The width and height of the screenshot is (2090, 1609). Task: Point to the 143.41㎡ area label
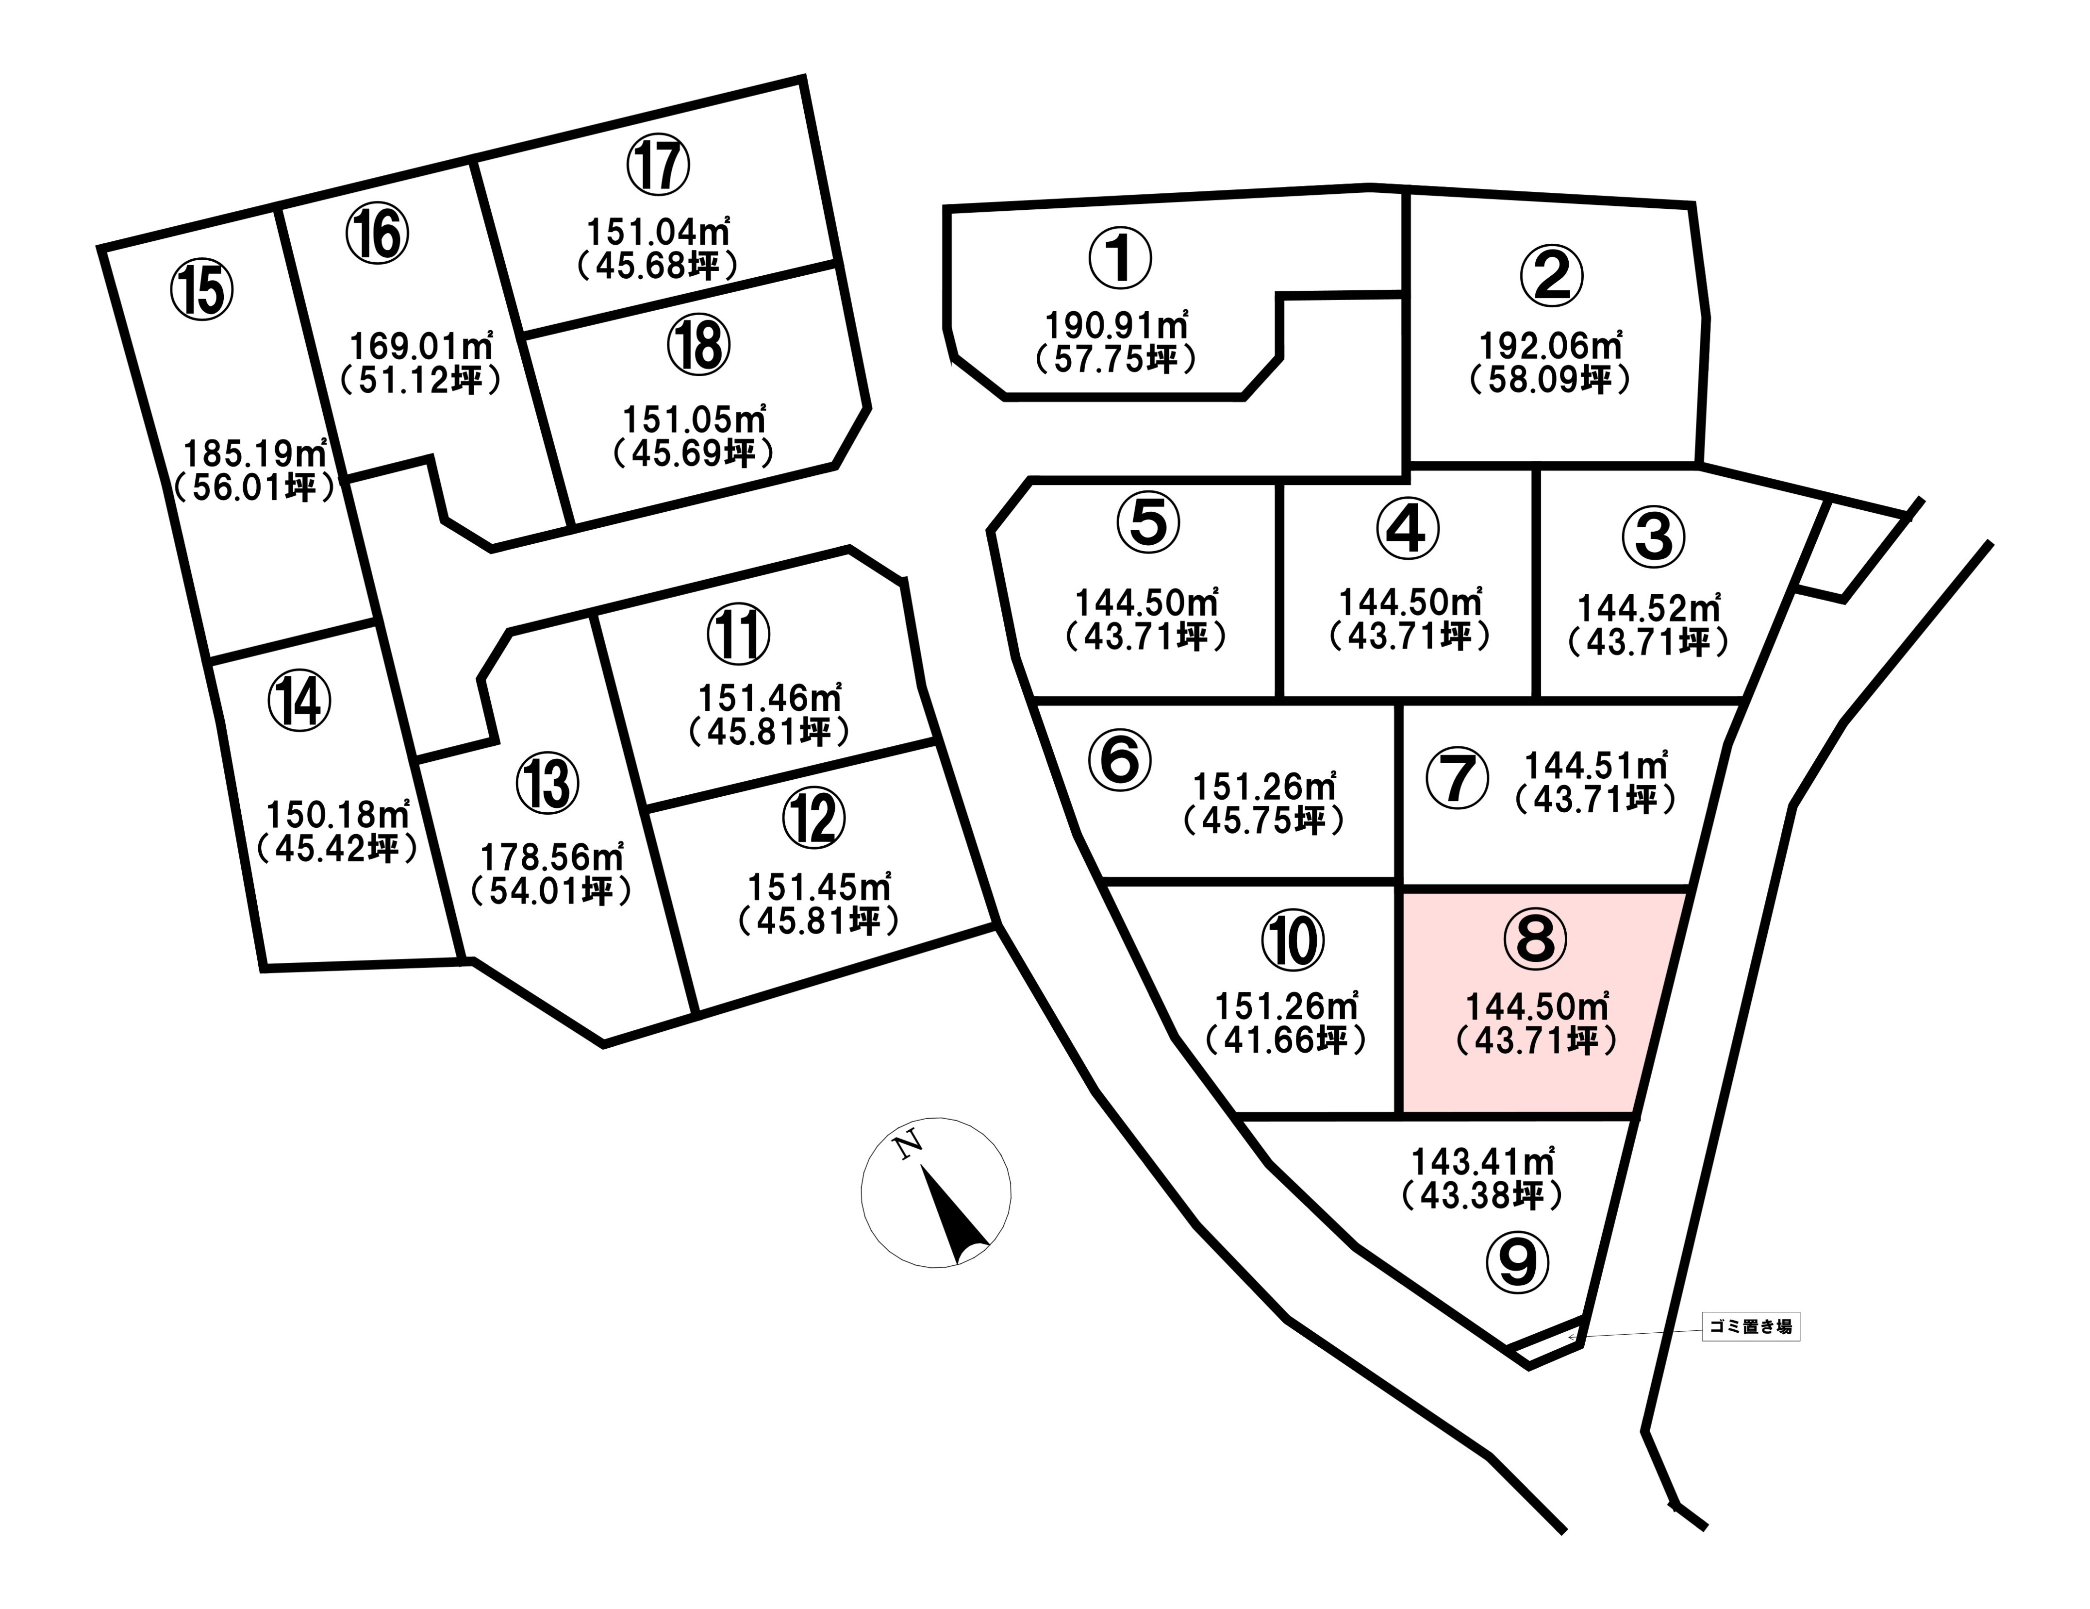[x=1483, y=1161]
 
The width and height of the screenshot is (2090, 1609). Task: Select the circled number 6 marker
[x=1120, y=759]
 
